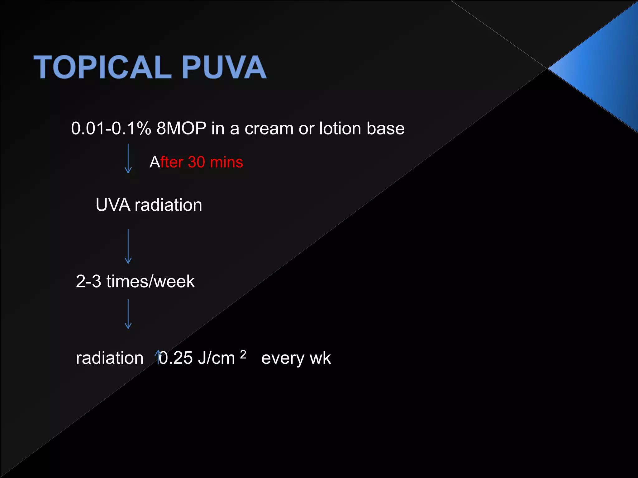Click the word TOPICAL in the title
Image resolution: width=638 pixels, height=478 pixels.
pos(103,67)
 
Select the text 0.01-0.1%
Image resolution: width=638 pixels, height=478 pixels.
pos(111,128)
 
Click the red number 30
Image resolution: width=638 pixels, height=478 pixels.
pos(197,162)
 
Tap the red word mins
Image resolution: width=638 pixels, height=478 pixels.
pos(226,162)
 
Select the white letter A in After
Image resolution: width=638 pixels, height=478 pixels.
pos(155,162)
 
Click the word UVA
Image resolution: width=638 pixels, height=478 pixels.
pos(113,205)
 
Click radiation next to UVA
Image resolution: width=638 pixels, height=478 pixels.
pos(168,205)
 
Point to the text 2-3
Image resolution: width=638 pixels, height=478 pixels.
pos(88,281)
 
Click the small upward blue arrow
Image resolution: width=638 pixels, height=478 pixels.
pos(158,357)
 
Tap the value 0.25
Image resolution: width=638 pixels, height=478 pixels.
pos(176,358)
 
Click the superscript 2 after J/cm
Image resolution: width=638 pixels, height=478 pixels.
pos(243,354)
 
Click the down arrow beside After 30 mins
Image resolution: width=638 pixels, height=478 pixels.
pos(128,159)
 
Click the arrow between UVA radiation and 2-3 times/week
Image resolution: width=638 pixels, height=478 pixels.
pos(128,246)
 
